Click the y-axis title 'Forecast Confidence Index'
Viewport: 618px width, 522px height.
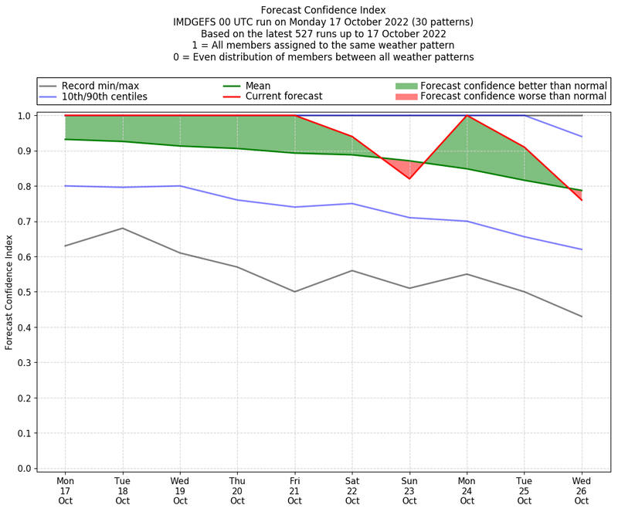pos(10,292)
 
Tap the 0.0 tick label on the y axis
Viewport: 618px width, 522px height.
pos(23,469)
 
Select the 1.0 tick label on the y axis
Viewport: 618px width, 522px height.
pos(23,116)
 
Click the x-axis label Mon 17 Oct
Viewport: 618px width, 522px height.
pos(65,490)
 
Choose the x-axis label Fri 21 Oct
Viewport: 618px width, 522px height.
pos(294,490)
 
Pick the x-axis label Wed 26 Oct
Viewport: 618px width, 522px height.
pos(582,490)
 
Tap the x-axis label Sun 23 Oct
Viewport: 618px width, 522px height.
pos(409,490)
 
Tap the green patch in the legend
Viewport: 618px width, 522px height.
pos(406,86)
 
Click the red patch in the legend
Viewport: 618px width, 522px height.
pos(406,97)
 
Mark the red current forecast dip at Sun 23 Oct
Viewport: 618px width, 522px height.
pos(409,178)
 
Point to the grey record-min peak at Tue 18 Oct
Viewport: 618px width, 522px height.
pos(123,228)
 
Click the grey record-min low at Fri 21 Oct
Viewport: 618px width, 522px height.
pos(294,292)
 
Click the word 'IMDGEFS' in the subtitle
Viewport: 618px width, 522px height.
pos(196,22)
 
